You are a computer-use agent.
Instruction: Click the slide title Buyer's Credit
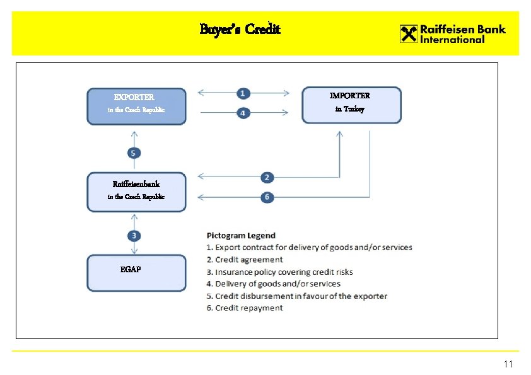point(240,30)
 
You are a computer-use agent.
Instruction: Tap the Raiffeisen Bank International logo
point(452,33)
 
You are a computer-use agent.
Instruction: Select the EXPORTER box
point(136,106)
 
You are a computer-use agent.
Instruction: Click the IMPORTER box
point(351,105)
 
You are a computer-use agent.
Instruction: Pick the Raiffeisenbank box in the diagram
point(136,192)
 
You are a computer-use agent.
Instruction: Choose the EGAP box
point(136,273)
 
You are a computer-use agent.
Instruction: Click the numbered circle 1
point(243,93)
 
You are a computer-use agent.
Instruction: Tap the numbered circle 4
point(243,113)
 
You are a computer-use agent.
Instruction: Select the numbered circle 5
point(134,153)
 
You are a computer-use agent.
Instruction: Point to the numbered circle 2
point(267,177)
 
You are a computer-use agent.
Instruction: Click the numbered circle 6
point(267,197)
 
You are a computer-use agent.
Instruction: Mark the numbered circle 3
point(134,236)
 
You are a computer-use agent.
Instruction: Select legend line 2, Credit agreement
point(245,260)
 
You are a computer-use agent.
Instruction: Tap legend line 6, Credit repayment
point(245,308)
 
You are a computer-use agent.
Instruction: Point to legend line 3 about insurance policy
point(280,272)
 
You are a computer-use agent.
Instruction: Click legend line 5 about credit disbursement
point(297,296)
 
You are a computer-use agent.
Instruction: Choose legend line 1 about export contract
point(310,247)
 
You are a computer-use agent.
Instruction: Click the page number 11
point(508,364)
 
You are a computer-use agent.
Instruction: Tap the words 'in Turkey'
point(349,109)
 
